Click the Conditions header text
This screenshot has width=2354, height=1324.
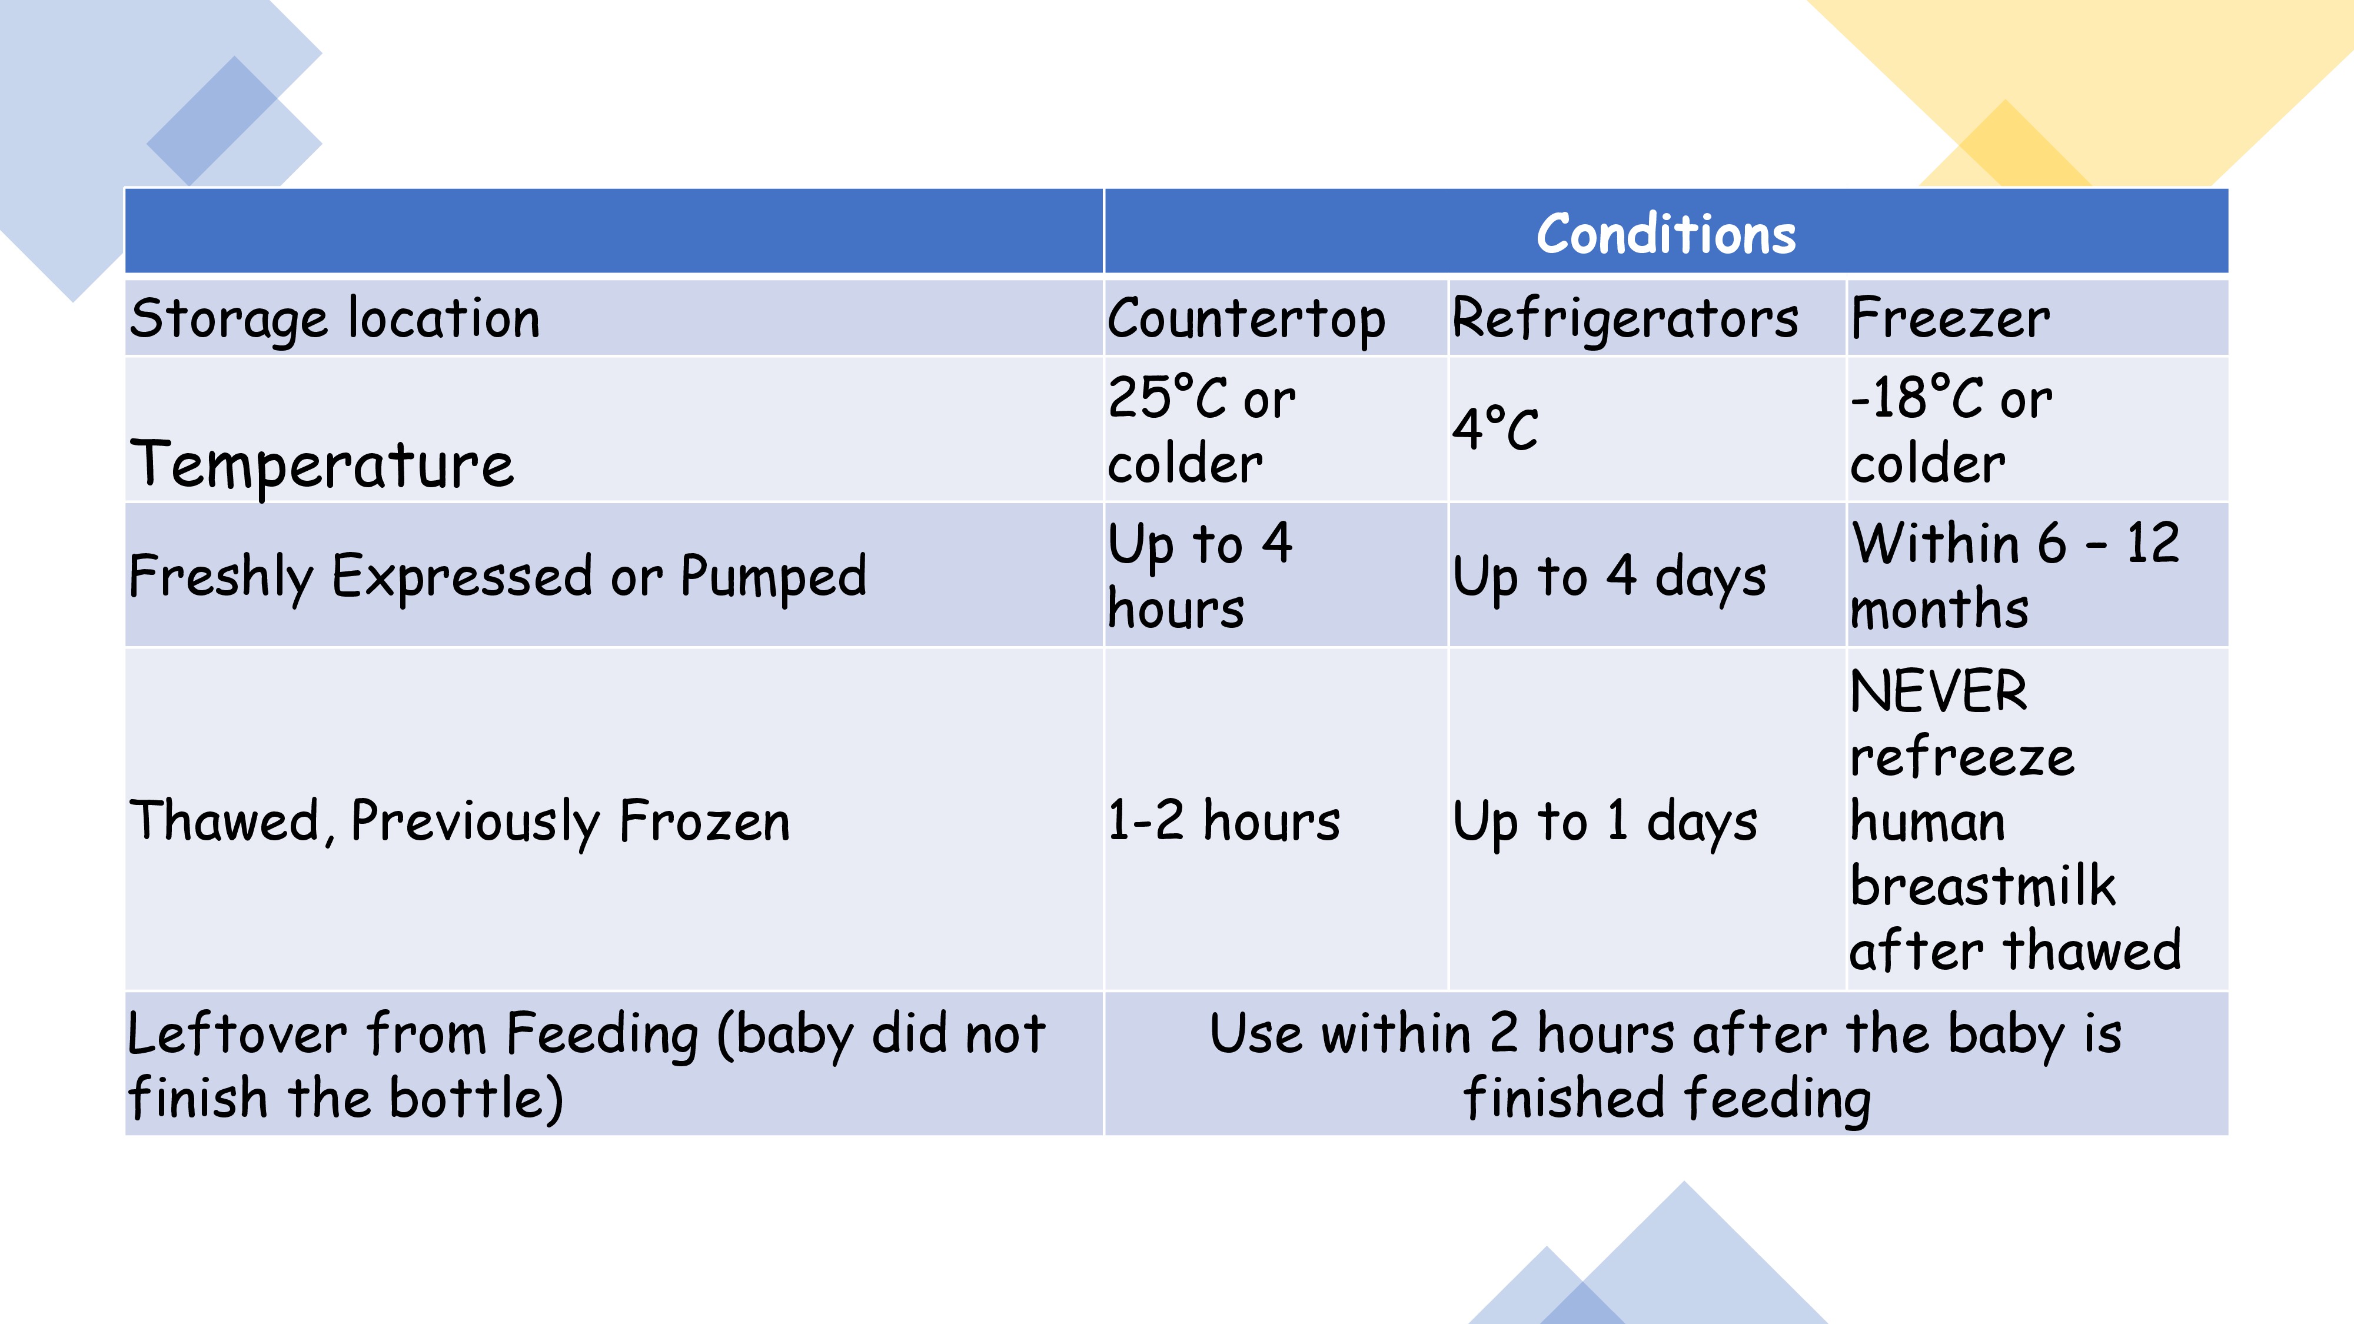coord(1666,234)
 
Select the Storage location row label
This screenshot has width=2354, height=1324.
coord(334,319)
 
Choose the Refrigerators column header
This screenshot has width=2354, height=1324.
coord(1625,320)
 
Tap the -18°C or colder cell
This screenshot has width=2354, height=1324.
coord(1951,430)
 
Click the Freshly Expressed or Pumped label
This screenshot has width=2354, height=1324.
coord(498,577)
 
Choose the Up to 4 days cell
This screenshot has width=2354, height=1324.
coord(1609,577)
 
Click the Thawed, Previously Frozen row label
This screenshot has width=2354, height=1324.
coord(460,820)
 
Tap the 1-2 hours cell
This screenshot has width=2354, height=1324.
coord(1223,820)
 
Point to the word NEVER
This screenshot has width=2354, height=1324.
coord(1938,691)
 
